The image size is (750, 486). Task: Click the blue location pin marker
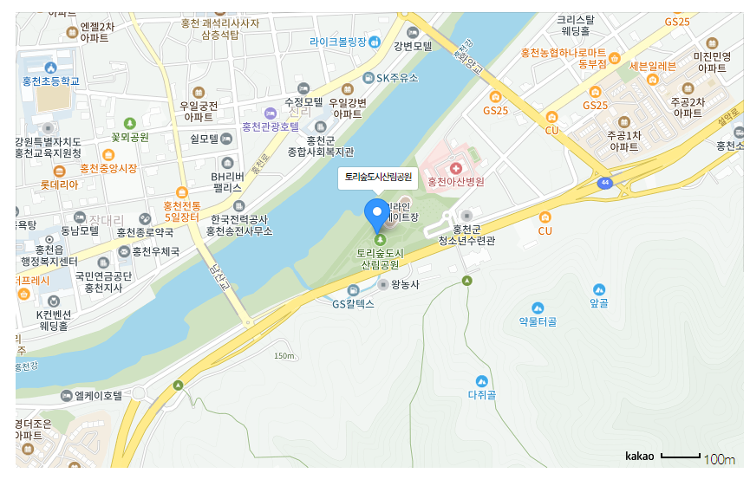pos(377,211)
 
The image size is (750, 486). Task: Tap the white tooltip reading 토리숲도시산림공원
pos(377,177)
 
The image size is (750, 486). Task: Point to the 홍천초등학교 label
pos(51,81)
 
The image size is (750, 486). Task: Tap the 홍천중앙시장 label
pos(108,168)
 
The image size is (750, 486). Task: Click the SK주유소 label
pos(397,78)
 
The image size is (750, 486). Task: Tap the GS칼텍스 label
pos(353,304)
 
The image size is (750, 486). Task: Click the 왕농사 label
pos(405,283)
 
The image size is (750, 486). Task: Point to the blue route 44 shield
pos(603,183)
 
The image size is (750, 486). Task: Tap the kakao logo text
pos(639,456)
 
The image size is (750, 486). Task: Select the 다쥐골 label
pos(481,395)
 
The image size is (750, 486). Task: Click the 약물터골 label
pos(538,321)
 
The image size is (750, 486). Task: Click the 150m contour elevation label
pos(284,356)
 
